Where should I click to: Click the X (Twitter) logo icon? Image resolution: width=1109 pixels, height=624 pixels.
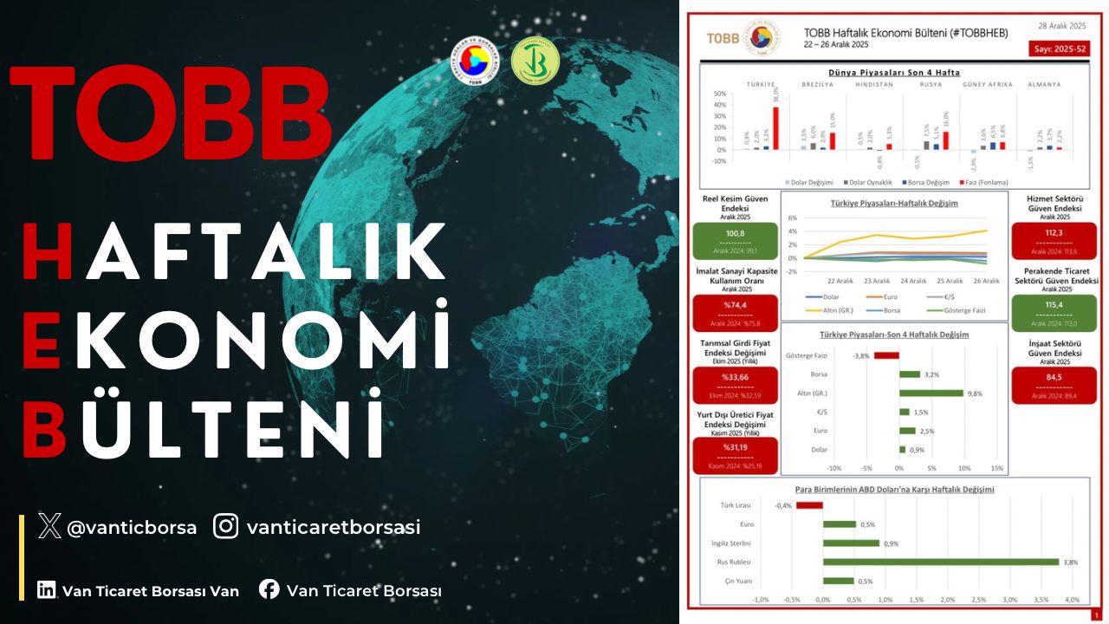point(50,526)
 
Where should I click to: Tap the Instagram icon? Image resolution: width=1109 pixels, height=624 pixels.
point(226,526)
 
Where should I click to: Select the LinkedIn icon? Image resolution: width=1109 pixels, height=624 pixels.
point(46,590)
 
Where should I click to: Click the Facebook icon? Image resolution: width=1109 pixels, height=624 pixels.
point(269,590)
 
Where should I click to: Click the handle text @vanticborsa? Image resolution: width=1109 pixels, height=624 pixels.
point(132,527)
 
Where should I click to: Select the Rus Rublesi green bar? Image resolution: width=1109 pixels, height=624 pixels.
point(941,562)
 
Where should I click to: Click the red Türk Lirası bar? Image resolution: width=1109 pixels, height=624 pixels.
point(809,505)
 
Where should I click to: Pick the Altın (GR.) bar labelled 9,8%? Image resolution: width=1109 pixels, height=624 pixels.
point(931,393)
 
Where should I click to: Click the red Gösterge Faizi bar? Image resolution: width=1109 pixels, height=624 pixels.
point(886,355)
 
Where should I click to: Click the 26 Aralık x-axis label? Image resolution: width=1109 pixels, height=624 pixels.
point(986,281)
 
